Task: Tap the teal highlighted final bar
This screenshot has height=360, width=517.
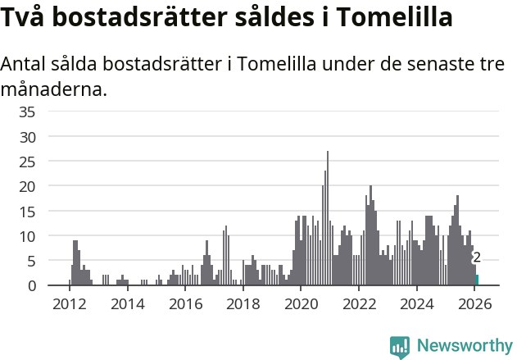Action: [477, 280]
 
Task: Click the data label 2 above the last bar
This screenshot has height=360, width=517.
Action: [477, 257]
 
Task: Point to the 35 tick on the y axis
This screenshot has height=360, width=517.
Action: [27, 112]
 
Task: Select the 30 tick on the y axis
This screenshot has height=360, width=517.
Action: [27, 136]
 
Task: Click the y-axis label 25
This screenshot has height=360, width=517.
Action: [27, 162]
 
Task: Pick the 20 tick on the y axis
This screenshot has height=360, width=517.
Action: [27, 186]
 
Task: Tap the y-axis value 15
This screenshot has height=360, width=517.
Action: [27, 211]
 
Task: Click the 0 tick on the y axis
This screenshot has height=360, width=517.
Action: [31, 285]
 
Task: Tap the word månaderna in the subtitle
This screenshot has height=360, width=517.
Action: [54, 89]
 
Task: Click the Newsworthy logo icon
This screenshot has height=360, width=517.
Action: [400, 346]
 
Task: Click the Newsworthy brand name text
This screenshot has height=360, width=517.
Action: [464, 346]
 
